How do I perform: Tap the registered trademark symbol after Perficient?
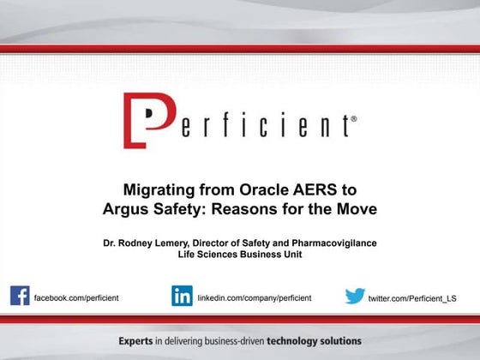(x=354, y=120)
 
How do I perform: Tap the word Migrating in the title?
(x=162, y=189)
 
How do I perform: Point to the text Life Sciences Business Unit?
(x=239, y=255)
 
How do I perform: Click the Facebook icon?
(x=20, y=296)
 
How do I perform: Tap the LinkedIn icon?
(x=182, y=296)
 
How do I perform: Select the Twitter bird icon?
(x=354, y=297)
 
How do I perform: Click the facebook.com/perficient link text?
(x=75, y=297)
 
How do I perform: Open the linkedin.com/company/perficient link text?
(x=254, y=297)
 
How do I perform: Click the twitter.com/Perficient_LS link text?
(x=412, y=298)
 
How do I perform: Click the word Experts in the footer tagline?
(x=138, y=341)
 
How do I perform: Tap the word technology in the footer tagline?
(x=294, y=341)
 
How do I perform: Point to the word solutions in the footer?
(x=341, y=341)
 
